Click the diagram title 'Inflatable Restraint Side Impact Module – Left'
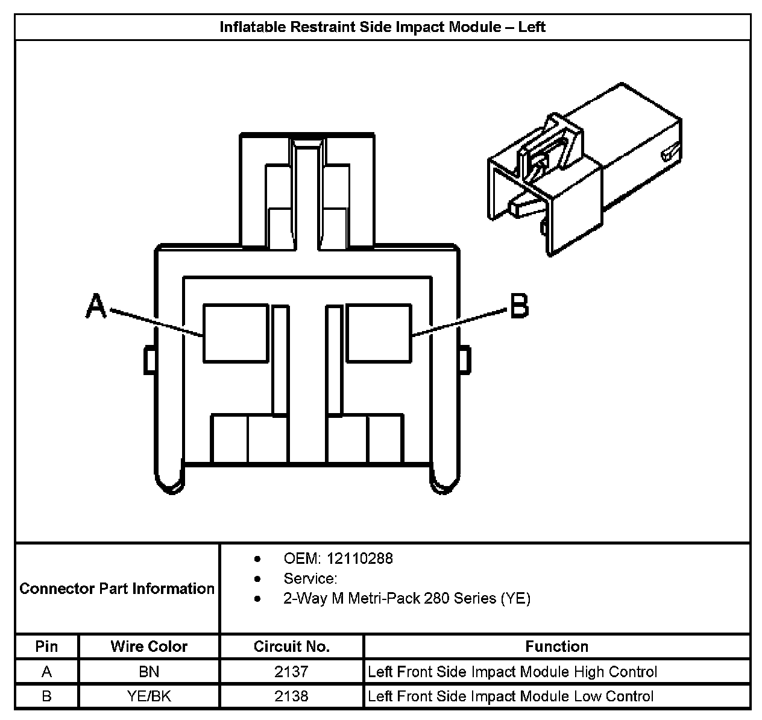click(382, 27)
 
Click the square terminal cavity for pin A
click(236, 333)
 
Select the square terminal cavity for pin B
click(379, 333)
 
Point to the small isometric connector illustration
click(584, 169)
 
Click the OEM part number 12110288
click(363, 558)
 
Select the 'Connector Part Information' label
click(117, 589)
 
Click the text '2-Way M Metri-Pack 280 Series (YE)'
click(406, 599)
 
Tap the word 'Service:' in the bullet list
click(310, 579)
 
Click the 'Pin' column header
click(46, 647)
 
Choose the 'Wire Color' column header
click(149, 647)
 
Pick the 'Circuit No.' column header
click(291, 647)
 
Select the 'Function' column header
click(556, 647)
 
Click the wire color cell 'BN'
click(149, 672)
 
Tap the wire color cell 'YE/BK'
click(149, 696)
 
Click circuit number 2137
click(291, 672)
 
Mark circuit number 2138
click(291, 696)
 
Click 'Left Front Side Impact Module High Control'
click(512, 672)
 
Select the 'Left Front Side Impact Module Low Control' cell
click(511, 696)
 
